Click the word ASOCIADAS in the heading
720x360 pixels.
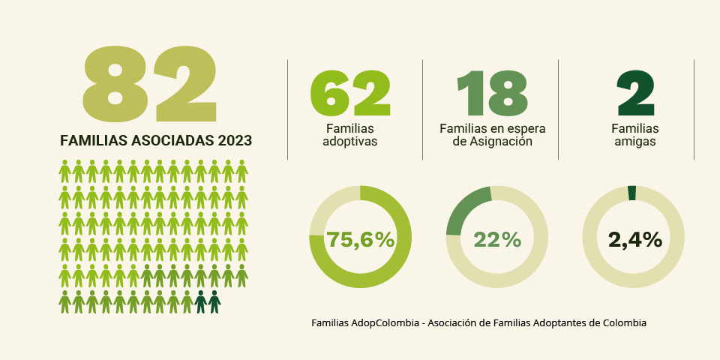[x=172, y=140]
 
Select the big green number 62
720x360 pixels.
[x=350, y=94]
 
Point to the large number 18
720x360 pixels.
[x=492, y=94]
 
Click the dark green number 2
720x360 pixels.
[x=634, y=94]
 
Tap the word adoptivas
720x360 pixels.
[x=349, y=141]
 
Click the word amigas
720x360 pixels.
[x=634, y=141]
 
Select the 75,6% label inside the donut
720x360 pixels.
[x=360, y=240]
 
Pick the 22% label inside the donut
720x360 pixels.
[x=496, y=240]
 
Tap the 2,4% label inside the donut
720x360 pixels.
[x=634, y=240]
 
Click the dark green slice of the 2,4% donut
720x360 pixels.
[x=631, y=193]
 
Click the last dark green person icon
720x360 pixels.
[x=214, y=301]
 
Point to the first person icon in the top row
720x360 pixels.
[x=64, y=171]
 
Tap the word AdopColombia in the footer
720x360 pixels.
[x=385, y=323]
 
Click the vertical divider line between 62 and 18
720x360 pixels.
[x=423, y=109]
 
